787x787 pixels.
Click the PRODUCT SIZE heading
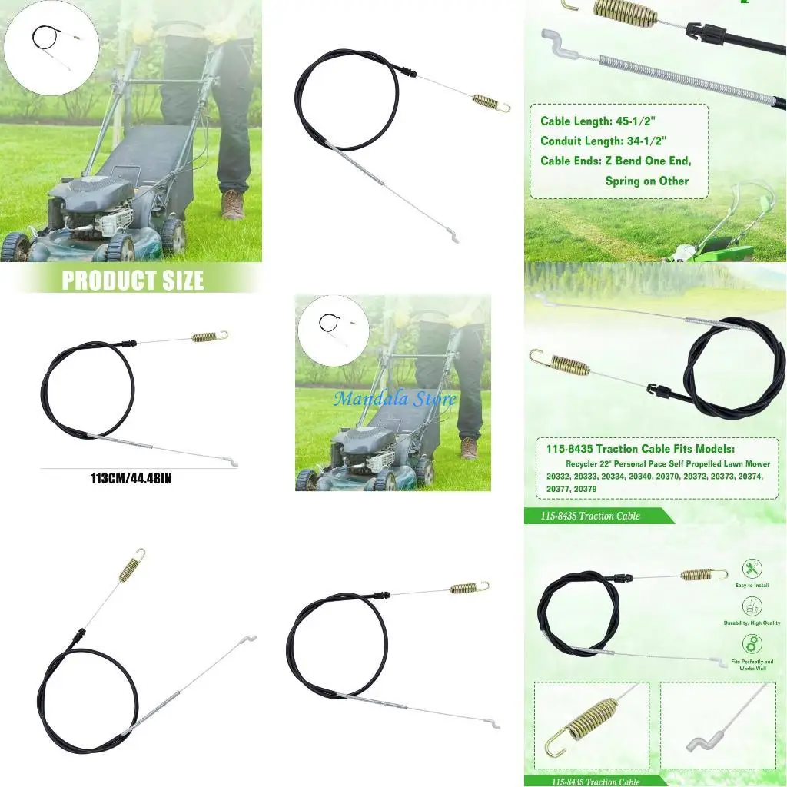click(x=132, y=281)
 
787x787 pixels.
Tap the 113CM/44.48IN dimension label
click(x=131, y=478)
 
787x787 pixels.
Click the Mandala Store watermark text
click(x=394, y=398)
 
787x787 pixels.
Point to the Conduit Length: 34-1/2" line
click(x=603, y=141)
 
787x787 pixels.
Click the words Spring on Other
click(x=646, y=181)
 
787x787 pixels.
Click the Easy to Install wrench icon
click(x=752, y=569)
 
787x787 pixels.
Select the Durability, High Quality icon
click(x=752, y=606)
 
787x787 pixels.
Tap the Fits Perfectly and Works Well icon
click(x=752, y=644)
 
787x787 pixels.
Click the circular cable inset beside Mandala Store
click(x=333, y=330)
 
